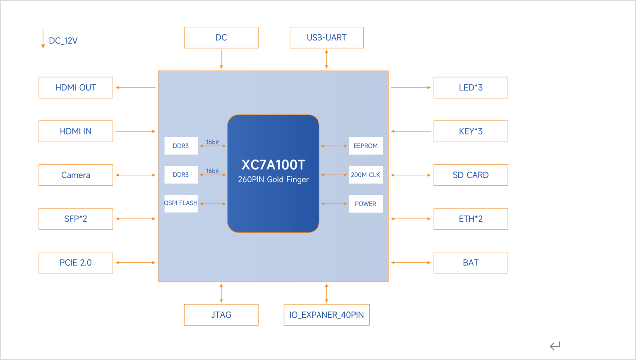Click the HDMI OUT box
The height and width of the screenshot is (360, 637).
click(x=76, y=88)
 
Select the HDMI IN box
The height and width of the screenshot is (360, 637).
click(x=76, y=131)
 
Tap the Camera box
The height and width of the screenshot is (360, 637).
click(x=76, y=175)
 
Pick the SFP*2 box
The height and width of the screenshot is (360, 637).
click(x=76, y=219)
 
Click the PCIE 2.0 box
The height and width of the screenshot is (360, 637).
click(x=76, y=263)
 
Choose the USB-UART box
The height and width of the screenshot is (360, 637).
click(x=326, y=38)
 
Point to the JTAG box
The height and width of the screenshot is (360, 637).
click(x=221, y=315)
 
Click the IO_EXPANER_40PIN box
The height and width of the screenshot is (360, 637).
click(x=326, y=315)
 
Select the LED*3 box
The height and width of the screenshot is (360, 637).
click(x=471, y=88)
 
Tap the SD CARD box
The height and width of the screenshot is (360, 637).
click(x=471, y=175)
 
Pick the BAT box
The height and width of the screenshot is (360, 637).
click(x=471, y=263)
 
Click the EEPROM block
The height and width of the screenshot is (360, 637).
click(x=366, y=146)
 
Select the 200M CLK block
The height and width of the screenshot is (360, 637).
click(x=366, y=175)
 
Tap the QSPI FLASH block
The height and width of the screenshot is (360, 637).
click(x=181, y=203)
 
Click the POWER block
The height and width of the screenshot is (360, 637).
click(x=366, y=204)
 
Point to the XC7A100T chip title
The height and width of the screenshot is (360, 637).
click(x=273, y=165)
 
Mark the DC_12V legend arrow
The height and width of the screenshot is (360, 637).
click(x=43, y=39)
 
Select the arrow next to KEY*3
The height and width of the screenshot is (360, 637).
click(x=411, y=131)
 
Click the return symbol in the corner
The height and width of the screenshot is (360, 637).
click(x=555, y=346)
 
